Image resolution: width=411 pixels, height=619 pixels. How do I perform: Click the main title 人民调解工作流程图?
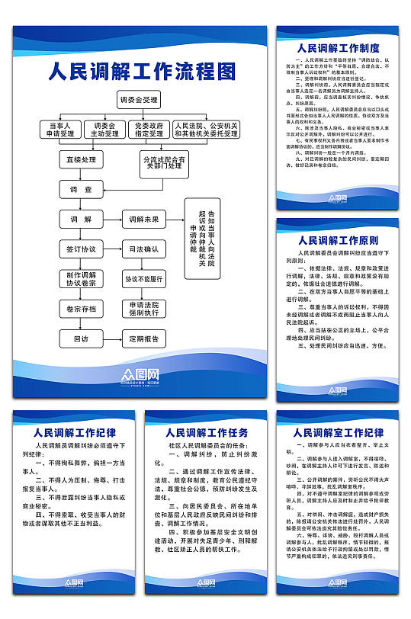[142, 72]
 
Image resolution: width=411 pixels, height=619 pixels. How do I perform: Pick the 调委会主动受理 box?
[105, 130]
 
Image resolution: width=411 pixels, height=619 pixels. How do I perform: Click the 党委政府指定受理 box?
[148, 130]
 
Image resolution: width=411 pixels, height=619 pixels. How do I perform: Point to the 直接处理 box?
[81, 160]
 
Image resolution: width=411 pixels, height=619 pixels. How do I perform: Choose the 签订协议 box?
[81, 249]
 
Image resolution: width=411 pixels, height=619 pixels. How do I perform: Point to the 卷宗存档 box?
[81, 309]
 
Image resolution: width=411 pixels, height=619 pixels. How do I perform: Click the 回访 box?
[81, 338]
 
